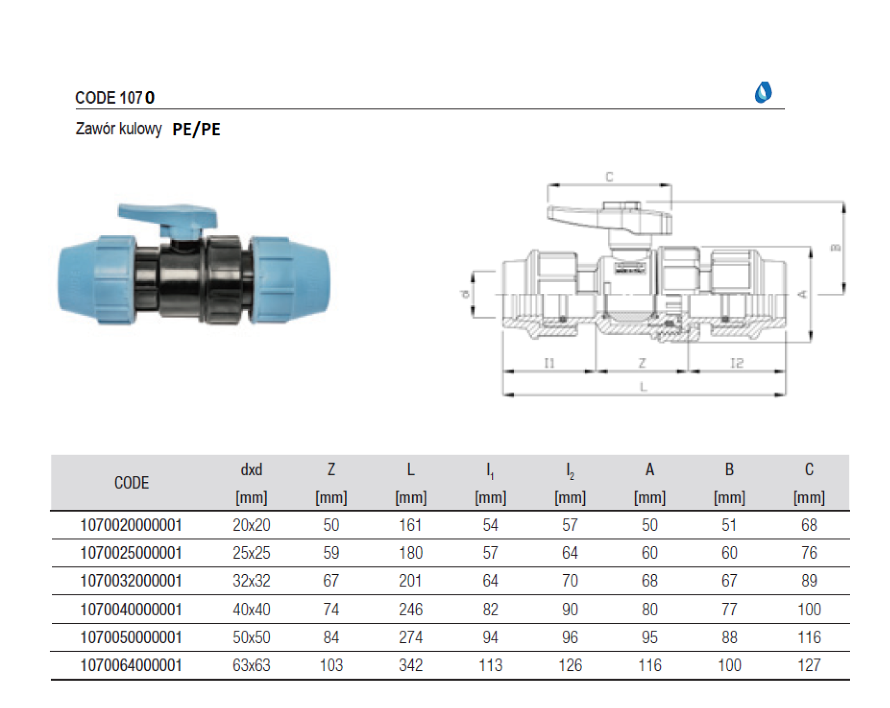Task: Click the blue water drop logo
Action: click(763, 92)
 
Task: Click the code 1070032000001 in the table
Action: click(131, 581)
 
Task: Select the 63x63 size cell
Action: click(251, 665)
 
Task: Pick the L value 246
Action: click(411, 609)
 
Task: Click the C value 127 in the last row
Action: click(809, 665)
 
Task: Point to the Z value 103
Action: click(331, 665)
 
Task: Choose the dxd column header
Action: click(251, 470)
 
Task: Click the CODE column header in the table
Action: click(131, 483)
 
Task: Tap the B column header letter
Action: click(729, 470)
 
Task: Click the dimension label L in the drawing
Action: click(643, 387)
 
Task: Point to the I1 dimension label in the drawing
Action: click(549, 363)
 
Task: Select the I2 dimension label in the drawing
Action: click(737, 363)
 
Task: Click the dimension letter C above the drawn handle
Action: click(610, 177)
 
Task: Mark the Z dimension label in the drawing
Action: click(642, 363)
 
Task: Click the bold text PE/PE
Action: click(197, 129)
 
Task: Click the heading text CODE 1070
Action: click(115, 98)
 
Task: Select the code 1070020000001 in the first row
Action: click(131, 525)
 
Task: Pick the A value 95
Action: click(649, 638)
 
